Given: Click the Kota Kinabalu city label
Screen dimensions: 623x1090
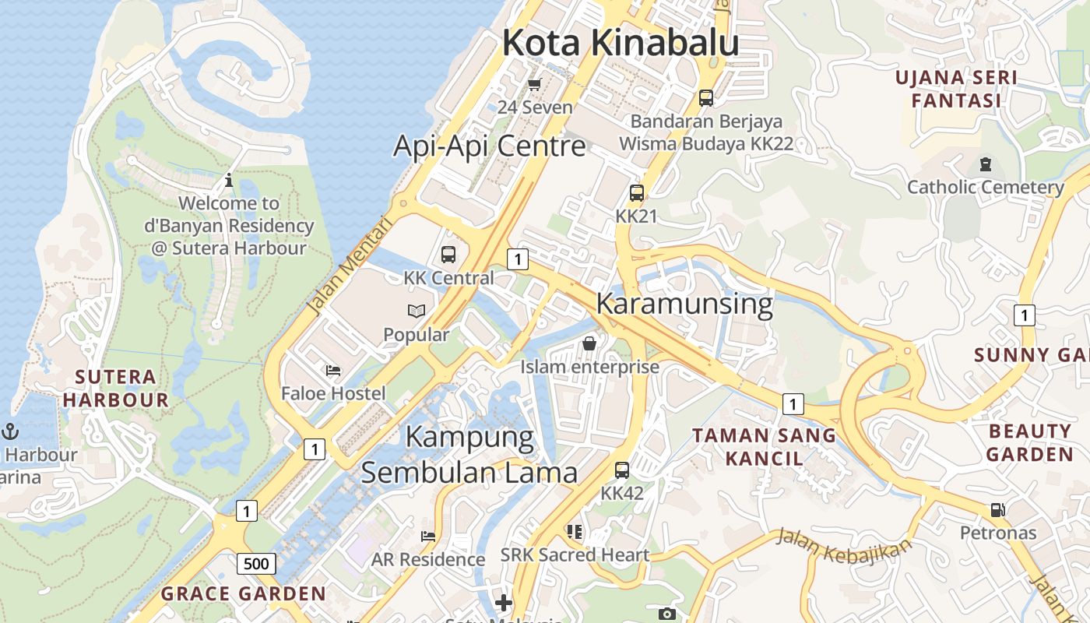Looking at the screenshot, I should pos(620,43).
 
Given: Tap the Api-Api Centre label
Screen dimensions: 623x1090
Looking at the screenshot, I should pos(489,146).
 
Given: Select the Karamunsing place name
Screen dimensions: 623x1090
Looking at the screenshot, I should pos(684,304).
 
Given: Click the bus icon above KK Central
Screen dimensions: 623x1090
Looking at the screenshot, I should pos(448,254).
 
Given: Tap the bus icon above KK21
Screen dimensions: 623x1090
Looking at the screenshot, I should pos(637,192).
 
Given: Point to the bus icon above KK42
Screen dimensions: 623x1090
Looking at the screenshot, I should pos(621,470).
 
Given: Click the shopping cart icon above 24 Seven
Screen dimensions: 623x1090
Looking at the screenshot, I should pos(534,84).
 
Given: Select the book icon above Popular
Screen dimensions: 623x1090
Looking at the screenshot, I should pos(417,311).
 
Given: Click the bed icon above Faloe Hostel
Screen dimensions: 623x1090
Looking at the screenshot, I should pos(333,371).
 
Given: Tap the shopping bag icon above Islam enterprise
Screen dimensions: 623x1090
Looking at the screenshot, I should pos(589,343).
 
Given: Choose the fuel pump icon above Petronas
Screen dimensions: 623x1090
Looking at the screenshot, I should pos(997,511).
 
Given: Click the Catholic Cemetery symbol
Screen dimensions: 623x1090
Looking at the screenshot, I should pos(986,164).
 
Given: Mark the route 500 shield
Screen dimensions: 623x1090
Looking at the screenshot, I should pos(256,564).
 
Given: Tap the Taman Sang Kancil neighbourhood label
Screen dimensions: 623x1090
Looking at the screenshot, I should pos(764,446).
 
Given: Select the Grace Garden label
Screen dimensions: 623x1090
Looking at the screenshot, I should pos(243,593).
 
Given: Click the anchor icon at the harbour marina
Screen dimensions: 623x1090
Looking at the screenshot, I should pos(11,431).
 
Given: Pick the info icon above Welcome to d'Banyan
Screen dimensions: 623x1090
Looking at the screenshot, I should pos(228,181).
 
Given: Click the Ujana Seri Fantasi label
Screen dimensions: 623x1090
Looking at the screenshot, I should pos(956,89).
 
